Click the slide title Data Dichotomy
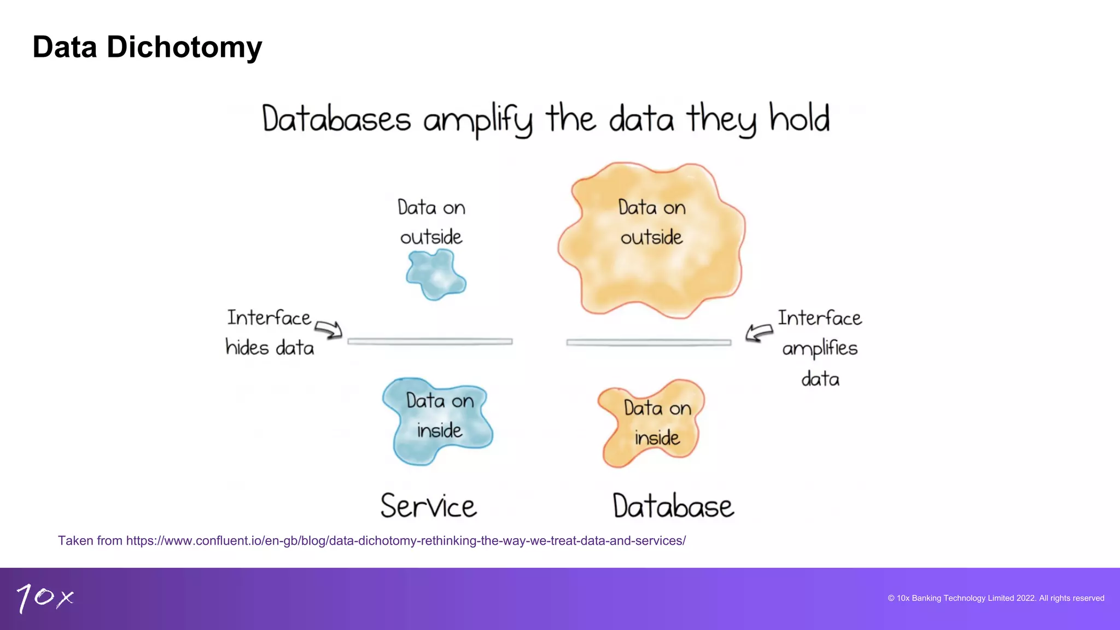(147, 47)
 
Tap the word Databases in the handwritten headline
(336, 119)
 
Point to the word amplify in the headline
(477, 120)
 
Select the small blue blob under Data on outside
(436, 275)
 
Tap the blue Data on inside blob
(437, 421)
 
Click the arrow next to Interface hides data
(329, 329)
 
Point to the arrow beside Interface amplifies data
(759, 332)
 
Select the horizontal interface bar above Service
(430, 342)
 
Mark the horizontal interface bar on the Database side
(649, 342)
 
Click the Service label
(429, 506)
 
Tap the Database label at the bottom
(673, 506)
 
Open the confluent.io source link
(405, 541)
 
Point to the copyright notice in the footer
(995, 598)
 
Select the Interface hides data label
(270, 332)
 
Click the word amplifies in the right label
(820, 349)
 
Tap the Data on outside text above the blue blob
(431, 223)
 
